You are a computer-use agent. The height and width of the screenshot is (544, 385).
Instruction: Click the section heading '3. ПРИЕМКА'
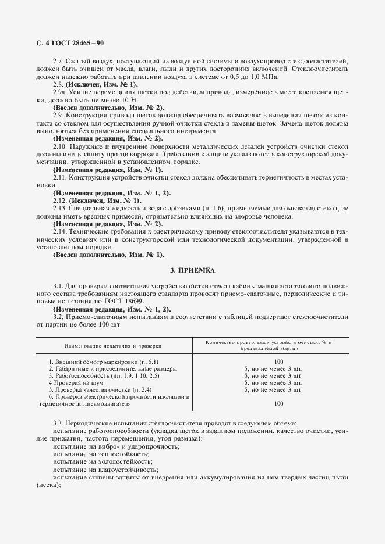coord(192,270)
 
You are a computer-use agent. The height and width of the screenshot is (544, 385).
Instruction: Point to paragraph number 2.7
coord(59,61)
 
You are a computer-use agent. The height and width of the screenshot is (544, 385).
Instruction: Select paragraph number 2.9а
coord(61,92)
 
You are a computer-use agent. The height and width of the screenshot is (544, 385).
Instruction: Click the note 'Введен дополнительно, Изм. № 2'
coord(100,108)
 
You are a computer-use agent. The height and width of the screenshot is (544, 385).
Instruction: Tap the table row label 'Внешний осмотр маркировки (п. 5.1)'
coord(100,362)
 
